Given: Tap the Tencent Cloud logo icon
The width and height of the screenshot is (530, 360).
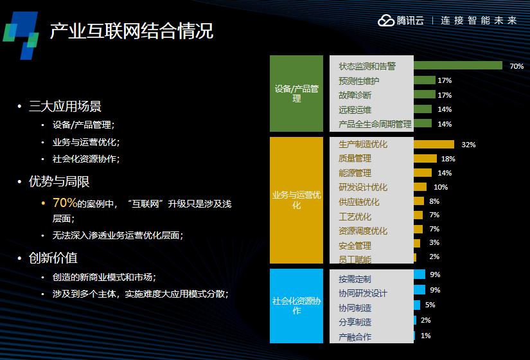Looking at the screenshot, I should point(386,21).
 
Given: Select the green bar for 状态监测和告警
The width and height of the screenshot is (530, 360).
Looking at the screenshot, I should point(458,66).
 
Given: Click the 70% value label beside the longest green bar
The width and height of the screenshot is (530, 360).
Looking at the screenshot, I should point(517,66).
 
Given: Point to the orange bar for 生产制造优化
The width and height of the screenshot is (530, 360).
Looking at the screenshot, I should point(434,145).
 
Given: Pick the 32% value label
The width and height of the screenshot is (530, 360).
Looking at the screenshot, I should point(468,145).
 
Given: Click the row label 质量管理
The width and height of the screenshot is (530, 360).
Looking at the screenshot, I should point(355,158).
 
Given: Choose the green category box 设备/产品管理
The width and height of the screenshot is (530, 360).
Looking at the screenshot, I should point(296,94).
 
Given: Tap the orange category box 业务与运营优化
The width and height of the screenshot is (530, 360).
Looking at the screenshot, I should point(296,200).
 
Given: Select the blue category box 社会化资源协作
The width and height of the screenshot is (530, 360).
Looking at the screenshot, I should point(296,305).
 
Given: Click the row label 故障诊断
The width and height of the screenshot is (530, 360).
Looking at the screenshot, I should point(355,95).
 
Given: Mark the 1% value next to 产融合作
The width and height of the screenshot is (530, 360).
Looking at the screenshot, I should point(425,336).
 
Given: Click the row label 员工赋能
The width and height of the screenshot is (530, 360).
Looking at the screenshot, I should point(355,260).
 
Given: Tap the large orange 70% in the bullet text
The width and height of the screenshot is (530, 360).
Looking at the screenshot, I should point(65,203).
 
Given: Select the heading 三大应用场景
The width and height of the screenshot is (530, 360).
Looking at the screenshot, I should point(65,106).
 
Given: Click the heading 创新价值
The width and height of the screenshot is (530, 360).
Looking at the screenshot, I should point(53,258).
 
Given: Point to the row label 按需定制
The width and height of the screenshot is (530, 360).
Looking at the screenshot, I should point(355,279).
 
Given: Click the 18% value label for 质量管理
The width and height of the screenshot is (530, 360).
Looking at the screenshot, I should point(448,159).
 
